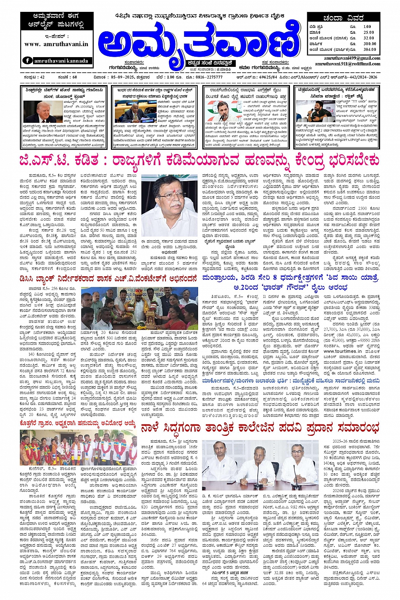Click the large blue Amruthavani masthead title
pos(197,44)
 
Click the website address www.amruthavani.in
pos(56,44)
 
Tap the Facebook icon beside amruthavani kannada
pos(28,61)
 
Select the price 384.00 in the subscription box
pos(369,50)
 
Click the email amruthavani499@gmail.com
pos(352,58)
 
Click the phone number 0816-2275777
pos(209,78)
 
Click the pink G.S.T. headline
pos(199,161)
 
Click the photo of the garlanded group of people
pos(78,448)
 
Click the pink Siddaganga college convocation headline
pos(260,428)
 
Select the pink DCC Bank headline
pos(108,279)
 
